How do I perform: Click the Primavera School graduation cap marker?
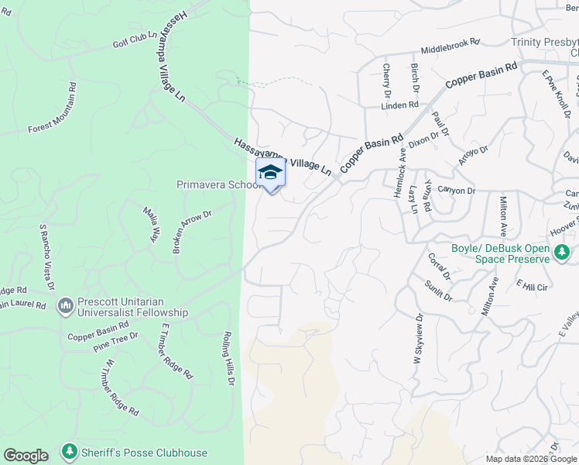[270, 172]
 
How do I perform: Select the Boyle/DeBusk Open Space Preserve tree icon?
[562, 252]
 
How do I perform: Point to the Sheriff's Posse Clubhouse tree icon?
[70, 451]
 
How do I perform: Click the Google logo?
[26, 456]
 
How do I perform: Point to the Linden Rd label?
[401, 105]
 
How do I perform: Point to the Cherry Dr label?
[386, 81]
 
